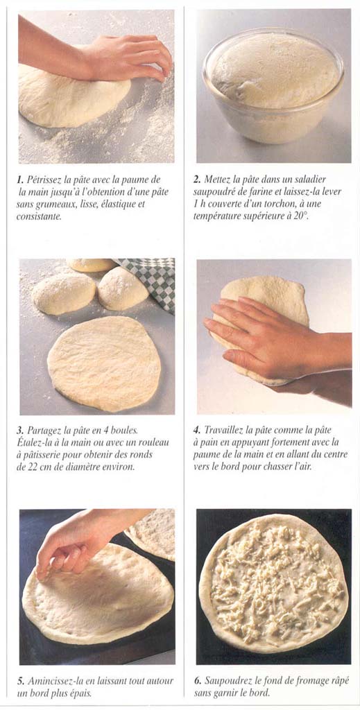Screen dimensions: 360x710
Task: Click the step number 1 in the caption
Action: [20, 180]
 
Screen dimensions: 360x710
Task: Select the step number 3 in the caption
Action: [20, 430]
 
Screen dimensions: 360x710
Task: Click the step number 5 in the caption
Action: [20, 681]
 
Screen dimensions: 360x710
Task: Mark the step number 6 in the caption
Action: [198, 681]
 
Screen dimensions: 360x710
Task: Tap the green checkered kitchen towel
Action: [149, 280]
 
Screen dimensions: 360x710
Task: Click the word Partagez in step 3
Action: [43, 430]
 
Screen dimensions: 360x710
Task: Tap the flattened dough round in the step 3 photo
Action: [104, 363]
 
